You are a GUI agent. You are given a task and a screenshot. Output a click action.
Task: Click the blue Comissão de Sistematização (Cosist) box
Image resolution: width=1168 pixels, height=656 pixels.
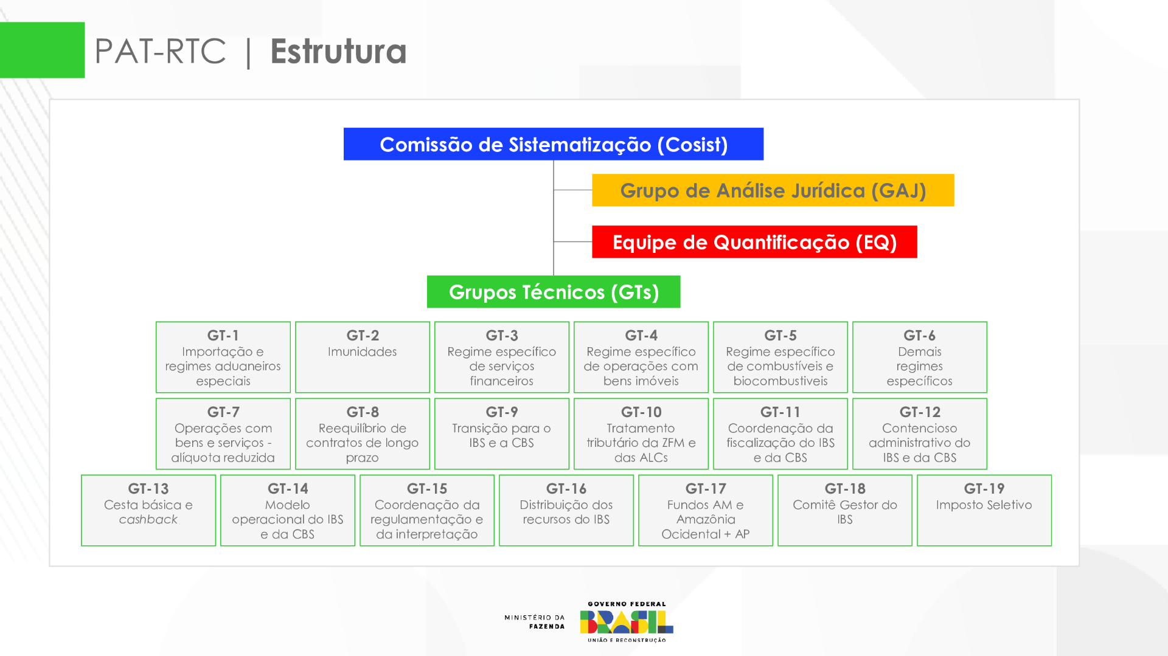(x=553, y=144)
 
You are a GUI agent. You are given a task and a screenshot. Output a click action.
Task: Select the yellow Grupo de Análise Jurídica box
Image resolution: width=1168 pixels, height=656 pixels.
(x=773, y=190)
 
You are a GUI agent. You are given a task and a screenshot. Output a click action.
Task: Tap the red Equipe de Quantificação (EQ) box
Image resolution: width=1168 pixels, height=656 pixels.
(x=754, y=242)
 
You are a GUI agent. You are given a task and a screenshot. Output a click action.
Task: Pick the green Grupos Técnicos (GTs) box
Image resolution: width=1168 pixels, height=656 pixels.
(x=554, y=292)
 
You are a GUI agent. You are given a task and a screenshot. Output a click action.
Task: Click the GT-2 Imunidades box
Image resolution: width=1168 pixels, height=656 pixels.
(x=363, y=357)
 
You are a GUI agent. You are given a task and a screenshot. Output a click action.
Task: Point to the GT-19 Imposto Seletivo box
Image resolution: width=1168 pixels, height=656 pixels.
(x=984, y=510)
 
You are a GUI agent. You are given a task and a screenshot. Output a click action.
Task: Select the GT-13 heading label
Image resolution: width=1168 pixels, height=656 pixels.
(x=148, y=489)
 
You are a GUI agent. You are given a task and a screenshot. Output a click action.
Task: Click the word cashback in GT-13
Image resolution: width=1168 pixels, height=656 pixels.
(x=148, y=520)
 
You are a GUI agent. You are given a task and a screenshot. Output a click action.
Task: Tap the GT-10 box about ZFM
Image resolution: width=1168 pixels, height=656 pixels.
(x=641, y=433)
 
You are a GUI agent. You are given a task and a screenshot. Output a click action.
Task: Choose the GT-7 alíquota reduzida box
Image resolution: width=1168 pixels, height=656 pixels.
(x=223, y=433)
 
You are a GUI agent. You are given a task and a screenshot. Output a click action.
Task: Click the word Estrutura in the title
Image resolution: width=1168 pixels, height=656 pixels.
(x=338, y=51)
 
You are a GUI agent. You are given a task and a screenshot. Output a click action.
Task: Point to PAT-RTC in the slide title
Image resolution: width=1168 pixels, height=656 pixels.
(x=161, y=51)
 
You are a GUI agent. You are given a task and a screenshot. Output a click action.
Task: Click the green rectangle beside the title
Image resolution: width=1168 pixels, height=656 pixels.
(x=42, y=50)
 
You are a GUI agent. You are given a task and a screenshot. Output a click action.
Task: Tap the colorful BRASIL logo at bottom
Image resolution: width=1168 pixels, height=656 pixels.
(x=627, y=622)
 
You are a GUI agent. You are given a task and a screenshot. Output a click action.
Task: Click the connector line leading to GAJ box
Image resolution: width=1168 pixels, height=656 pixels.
(x=572, y=190)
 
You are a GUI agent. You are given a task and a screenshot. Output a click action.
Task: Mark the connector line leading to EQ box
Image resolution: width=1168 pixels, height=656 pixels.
(x=572, y=242)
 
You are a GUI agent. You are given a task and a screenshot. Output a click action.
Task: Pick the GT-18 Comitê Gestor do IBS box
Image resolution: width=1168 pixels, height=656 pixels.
(x=844, y=510)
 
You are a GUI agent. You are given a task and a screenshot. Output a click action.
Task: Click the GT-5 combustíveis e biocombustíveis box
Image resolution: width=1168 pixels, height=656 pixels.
(x=780, y=357)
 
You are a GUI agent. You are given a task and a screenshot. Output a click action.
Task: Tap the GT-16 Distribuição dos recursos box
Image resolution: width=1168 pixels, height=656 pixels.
(x=566, y=510)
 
